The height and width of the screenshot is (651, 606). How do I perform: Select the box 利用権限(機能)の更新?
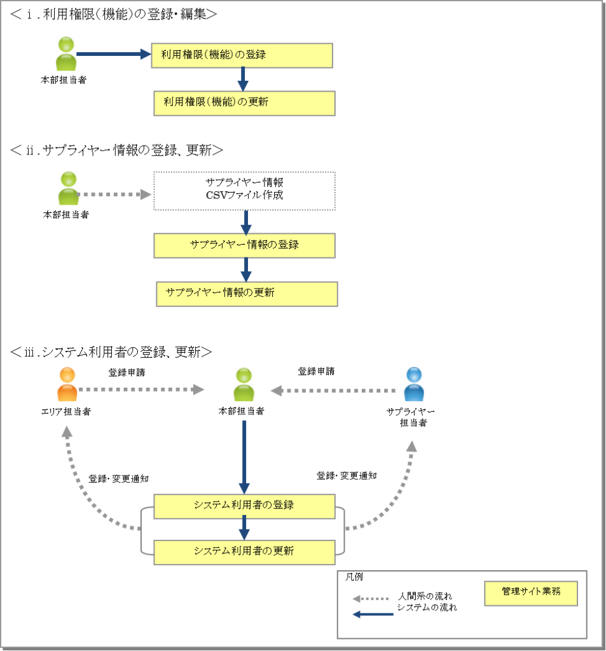pos(244,102)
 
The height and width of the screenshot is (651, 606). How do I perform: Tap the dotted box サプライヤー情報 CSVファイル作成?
pos(244,190)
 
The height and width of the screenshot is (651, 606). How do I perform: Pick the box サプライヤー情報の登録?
pos(244,244)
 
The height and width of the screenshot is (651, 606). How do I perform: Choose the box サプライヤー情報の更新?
pos(247,294)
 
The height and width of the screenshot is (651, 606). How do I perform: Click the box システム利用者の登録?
pos(244,506)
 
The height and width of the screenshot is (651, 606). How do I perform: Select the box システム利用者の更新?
pos(244,551)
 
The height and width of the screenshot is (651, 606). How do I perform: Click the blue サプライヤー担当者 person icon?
pos(414,385)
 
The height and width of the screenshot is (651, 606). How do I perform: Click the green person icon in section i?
pos(65,54)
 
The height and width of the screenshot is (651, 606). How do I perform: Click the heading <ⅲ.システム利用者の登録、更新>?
pos(111,351)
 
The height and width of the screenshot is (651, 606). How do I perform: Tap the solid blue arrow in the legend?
pos(373,614)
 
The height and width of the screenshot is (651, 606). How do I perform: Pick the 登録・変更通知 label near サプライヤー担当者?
pos(347,475)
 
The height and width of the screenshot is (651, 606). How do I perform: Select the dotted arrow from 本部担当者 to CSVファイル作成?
pos(112,194)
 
